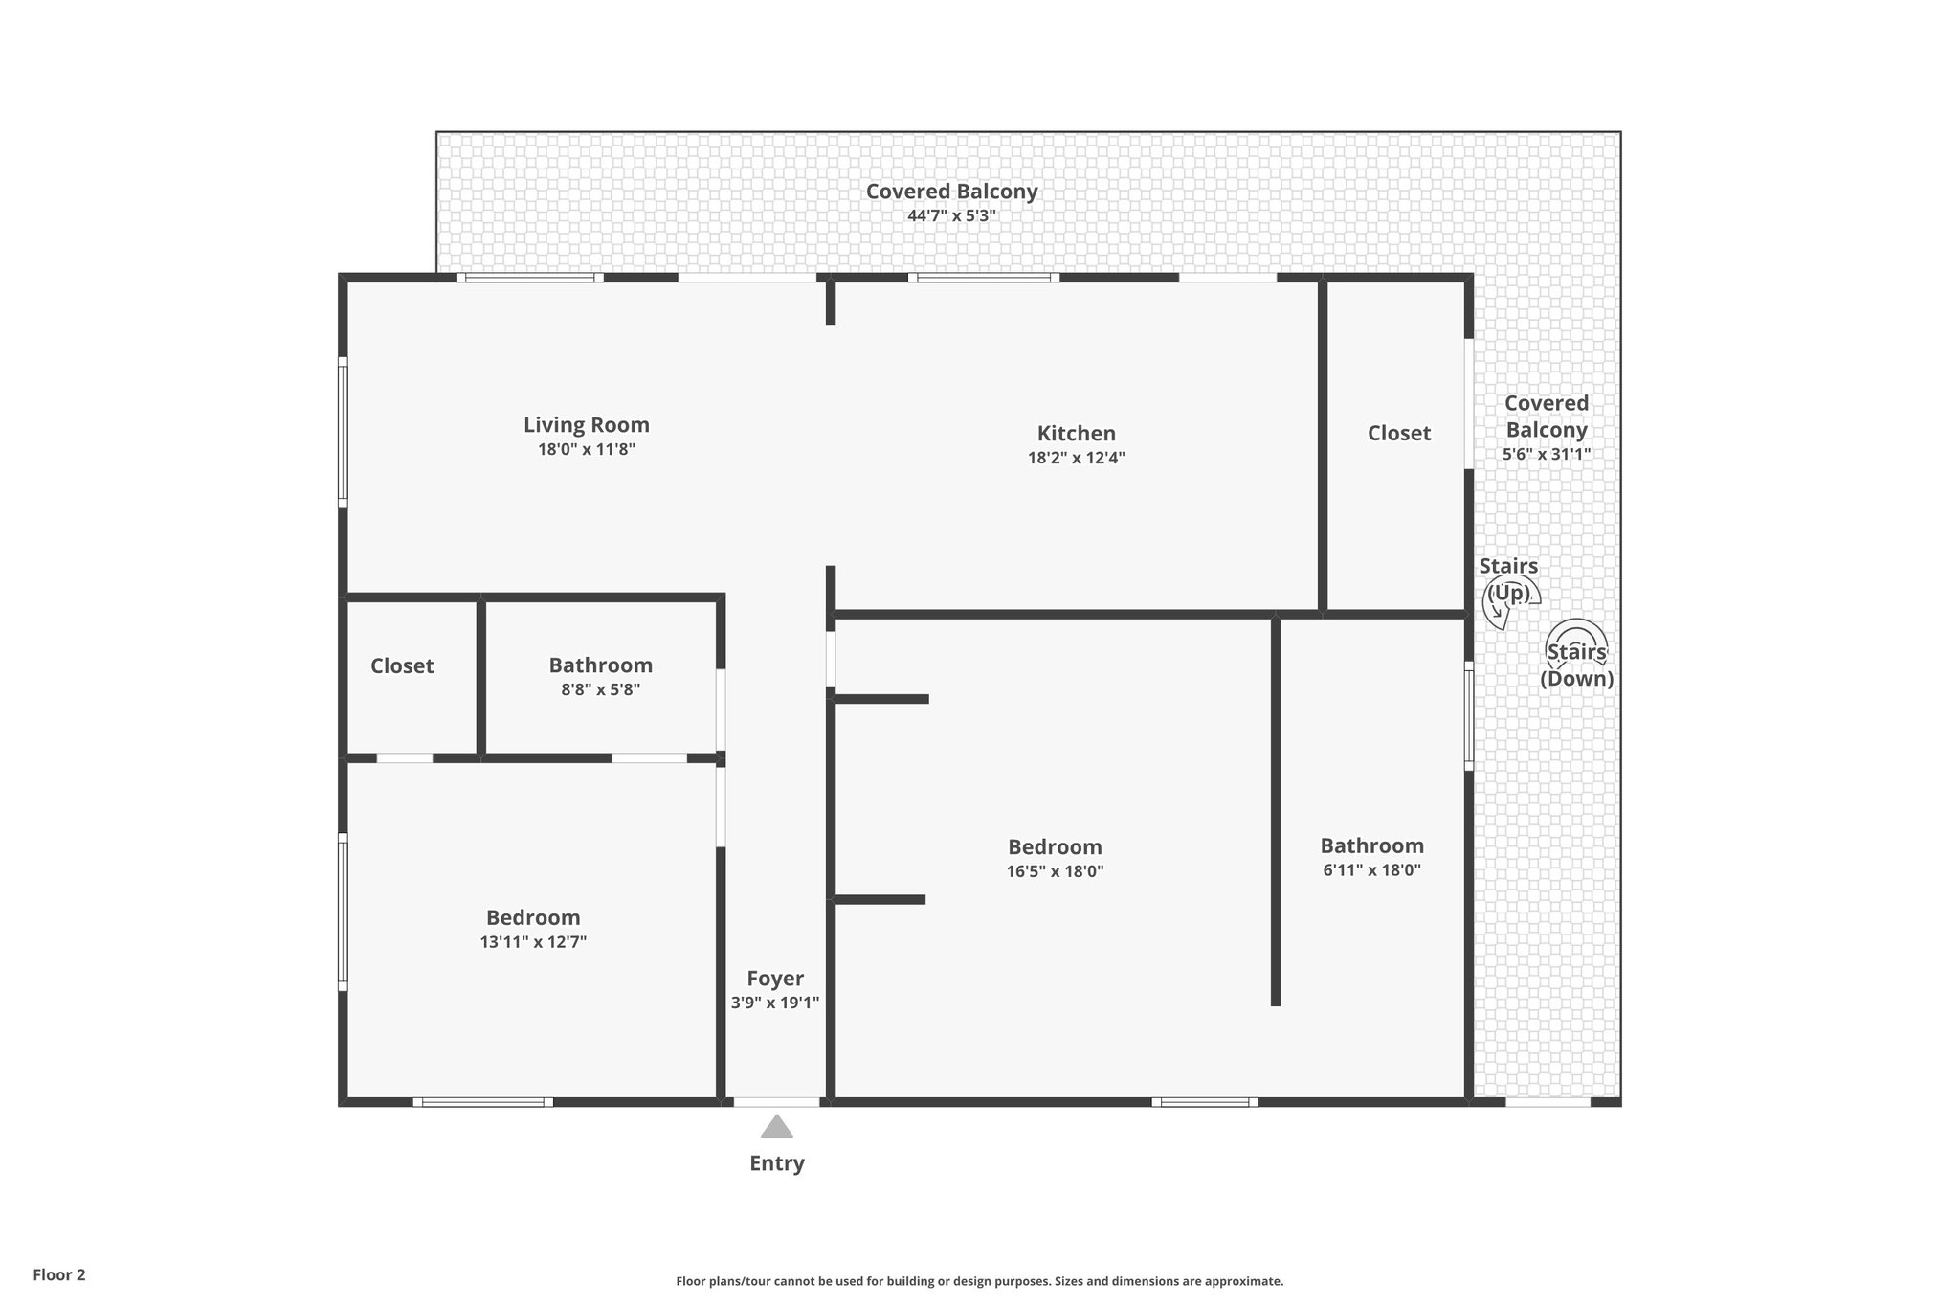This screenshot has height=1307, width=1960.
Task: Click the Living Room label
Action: tap(586, 425)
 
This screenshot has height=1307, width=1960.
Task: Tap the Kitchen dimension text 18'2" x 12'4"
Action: tap(1076, 458)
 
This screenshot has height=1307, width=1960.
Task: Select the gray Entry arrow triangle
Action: tap(777, 1127)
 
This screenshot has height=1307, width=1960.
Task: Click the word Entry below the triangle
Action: tap(776, 1163)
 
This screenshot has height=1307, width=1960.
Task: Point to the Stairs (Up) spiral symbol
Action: tap(1510, 600)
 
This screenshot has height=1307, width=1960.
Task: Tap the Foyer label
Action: tap(775, 979)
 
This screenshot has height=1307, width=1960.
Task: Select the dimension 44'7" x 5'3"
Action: tap(951, 216)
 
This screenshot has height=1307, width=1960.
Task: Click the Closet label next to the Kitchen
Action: tap(1398, 434)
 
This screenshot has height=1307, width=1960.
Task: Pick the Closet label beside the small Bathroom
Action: tap(402, 666)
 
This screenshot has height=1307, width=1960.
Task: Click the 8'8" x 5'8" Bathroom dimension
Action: tap(600, 689)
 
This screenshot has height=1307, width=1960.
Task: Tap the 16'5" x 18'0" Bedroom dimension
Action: tap(1055, 872)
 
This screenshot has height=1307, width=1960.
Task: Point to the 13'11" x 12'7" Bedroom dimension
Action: tap(533, 942)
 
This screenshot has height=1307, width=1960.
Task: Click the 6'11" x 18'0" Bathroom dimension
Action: tap(1371, 870)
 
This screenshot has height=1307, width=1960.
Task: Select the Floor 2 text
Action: tap(59, 1275)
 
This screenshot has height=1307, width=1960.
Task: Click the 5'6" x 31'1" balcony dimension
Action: tap(1546, 455)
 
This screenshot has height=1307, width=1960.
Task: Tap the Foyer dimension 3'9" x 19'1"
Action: tap(775, 1003)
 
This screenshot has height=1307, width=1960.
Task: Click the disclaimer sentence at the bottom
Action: tap(979, 1281)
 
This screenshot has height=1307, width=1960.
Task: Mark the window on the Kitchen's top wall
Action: tap(984, 278)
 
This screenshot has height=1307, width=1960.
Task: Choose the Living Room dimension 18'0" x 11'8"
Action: tap(586, 449)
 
